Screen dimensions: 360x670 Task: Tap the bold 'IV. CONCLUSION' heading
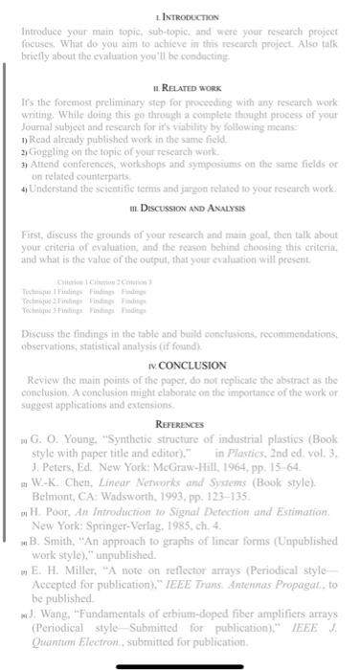coord(182,365)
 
